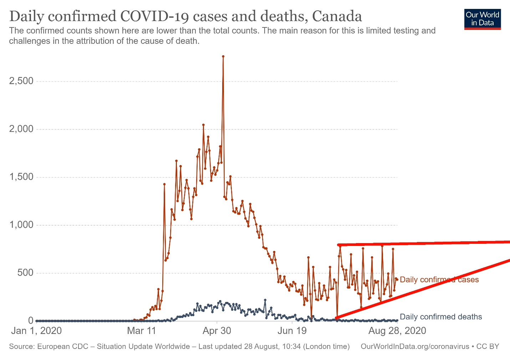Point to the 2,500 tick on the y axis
21,81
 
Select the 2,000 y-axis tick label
21,129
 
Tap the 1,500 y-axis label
21,177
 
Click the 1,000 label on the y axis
21,225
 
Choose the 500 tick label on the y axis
26,273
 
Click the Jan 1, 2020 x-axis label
36,331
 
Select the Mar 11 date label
142,331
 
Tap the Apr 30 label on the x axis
216,331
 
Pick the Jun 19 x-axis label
292,331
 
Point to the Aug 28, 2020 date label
397,331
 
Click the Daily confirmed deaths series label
441,317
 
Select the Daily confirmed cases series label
439,279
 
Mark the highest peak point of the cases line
223,56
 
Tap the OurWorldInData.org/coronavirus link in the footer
415,346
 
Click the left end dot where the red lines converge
337,318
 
